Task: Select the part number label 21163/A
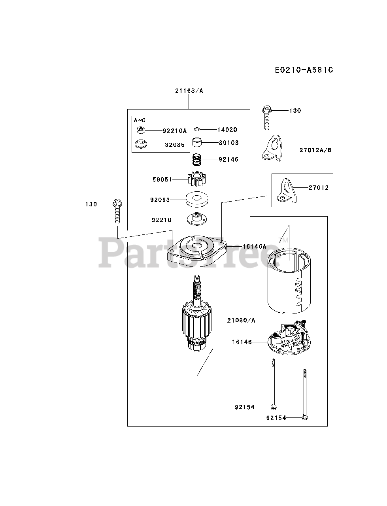189,91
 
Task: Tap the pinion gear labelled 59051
196,179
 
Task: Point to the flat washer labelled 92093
196,199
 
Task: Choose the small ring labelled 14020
198,129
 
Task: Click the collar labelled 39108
198,142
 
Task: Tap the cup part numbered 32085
141,144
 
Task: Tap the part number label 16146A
254,246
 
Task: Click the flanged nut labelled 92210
197,218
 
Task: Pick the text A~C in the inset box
140,120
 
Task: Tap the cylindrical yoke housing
288,281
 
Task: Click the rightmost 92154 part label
276,417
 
